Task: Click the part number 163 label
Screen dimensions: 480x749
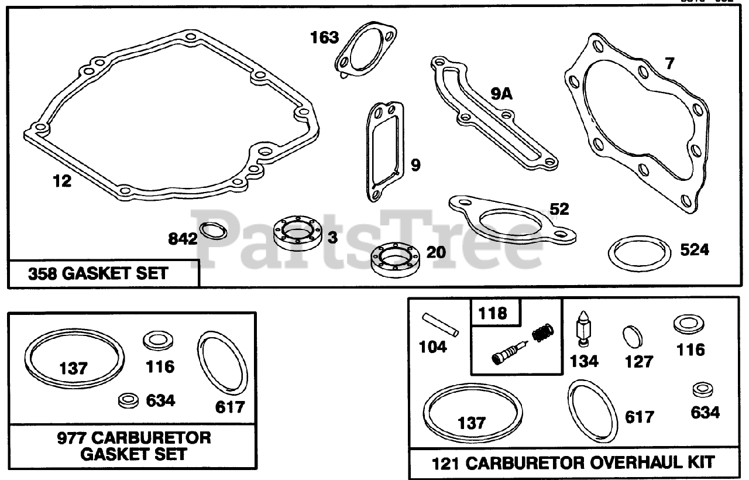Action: [x=324, y=38]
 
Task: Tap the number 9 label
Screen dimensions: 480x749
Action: [x=415, y=166]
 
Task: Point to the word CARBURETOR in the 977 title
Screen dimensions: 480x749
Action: [x=150, y=437]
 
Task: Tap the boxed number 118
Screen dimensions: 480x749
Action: [x=493, y=313]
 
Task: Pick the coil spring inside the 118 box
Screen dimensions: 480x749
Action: [x=541, y=335]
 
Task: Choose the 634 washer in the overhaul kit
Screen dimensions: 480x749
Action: [x=700, y=390]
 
